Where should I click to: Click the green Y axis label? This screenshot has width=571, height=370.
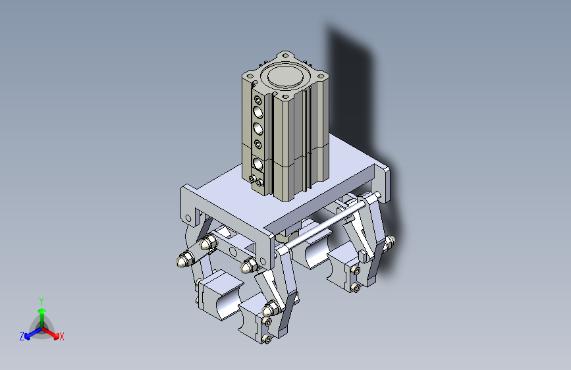41,301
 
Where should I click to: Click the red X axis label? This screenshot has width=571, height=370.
61,336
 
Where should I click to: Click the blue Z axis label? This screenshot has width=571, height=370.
22,336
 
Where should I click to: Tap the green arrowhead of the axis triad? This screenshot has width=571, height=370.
42,311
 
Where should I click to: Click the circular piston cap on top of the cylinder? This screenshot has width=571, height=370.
286,76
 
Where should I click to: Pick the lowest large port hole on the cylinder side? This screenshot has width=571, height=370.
258,163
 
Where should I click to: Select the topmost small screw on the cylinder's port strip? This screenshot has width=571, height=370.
258,100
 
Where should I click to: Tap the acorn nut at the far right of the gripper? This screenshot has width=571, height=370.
389,241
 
